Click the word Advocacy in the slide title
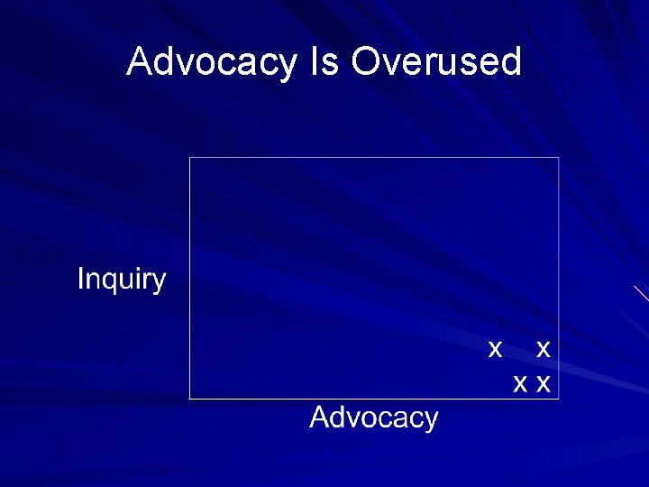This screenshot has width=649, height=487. click(211, 62)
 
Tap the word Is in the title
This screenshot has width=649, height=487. click(324, 62)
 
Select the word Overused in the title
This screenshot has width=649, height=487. click(436, 62)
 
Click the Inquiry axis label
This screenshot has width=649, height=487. click(122, 280)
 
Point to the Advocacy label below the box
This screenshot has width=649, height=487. click(374, 418)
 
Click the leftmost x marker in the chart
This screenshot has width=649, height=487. click(494, 348)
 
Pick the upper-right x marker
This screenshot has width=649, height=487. click(543, 348)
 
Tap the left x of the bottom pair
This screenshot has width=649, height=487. click(520, 385)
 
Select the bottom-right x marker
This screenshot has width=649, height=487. click(543, 385)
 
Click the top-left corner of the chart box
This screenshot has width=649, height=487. click(189, 157)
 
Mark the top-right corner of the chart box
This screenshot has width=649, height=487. click(559, 157)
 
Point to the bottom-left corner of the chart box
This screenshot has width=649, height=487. click(189, 398)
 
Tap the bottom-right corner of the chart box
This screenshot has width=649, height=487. click(559, 398)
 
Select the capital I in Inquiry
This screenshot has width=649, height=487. click(80, 280)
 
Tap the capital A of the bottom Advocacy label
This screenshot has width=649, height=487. click(319, 418)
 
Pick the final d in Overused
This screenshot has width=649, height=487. click(512, 62)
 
